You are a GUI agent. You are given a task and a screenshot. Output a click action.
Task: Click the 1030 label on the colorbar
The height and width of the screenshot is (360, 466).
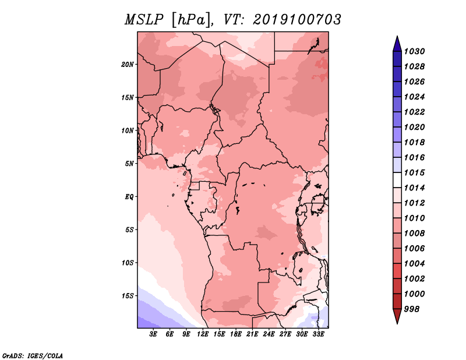(414, 51)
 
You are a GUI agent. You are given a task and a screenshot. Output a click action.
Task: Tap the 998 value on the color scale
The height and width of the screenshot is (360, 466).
(412, 309)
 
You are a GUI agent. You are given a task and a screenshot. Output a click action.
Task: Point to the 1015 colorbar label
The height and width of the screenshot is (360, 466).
(414, 172)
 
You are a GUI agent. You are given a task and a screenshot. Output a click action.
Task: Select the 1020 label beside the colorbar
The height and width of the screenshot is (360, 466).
(414, 127)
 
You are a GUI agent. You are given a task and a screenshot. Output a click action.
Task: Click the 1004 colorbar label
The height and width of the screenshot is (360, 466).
(414, 264)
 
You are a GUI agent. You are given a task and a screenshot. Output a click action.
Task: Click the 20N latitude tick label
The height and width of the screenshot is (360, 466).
(128, 65)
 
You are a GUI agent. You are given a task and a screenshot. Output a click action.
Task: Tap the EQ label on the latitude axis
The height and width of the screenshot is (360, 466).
(129, 197)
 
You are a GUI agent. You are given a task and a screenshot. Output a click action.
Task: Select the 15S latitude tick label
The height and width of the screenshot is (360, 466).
(128, 296)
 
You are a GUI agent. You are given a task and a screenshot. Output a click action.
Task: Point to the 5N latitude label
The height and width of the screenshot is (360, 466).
(129, 164)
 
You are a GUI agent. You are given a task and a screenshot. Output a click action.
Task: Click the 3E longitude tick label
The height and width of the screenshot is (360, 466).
(153, 334)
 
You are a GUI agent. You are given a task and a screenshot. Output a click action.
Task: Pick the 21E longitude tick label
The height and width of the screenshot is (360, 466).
(252, 334)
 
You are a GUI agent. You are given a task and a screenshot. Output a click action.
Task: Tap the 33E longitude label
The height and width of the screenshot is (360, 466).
(318, 334)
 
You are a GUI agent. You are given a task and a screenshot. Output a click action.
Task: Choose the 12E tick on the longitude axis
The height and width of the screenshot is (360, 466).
(203, 334)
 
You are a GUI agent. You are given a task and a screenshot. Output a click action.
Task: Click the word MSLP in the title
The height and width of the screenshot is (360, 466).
(144, 20)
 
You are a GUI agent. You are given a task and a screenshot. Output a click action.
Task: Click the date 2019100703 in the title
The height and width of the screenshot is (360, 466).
(297, 20)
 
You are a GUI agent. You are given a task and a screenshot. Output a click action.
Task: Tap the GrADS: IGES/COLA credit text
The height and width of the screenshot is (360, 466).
(33, 355)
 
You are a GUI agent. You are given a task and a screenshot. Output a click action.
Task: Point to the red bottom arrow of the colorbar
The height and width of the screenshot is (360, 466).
(397, 315)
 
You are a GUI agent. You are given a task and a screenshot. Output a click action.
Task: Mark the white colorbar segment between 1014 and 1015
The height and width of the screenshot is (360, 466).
(397, 180)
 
